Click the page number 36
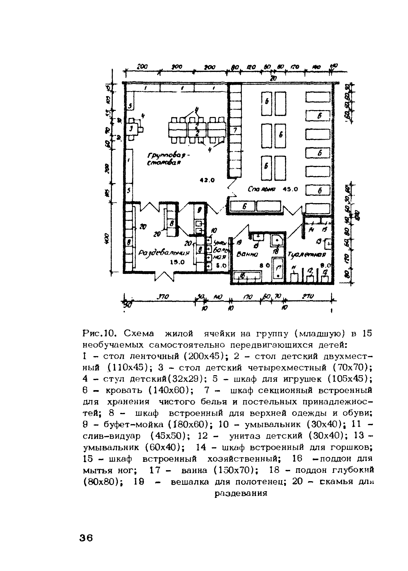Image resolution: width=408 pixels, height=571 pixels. tap(86, 538)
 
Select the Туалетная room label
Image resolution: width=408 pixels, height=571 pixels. tap(307, 255)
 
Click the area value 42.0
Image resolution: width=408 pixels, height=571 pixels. tap(207, 180)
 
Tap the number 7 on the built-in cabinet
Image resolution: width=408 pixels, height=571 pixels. tap(235, 130)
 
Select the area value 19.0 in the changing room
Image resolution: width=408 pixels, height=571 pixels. tap(177, 262)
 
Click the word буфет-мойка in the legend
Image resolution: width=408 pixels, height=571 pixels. tap(133, 424)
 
